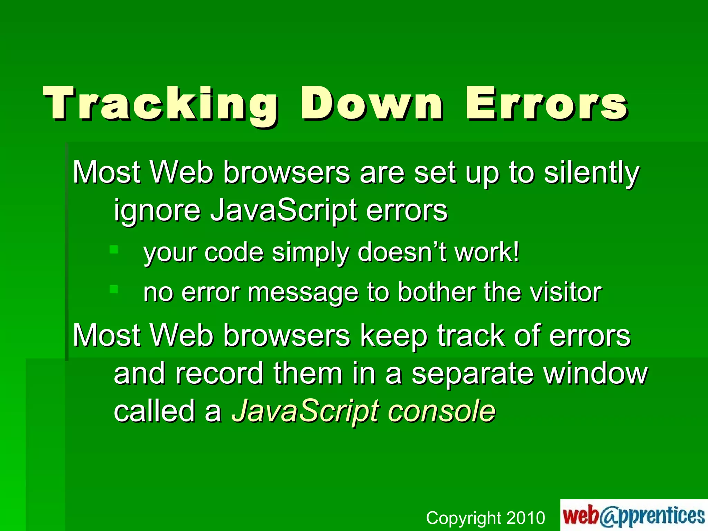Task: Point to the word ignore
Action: (x=157, y=211)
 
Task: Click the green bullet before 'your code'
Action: (x=114, y=249)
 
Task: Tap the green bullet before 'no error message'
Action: (x=114, y=289)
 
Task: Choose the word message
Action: (x=303, y=293)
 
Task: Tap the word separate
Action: (x=473, y=374)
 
